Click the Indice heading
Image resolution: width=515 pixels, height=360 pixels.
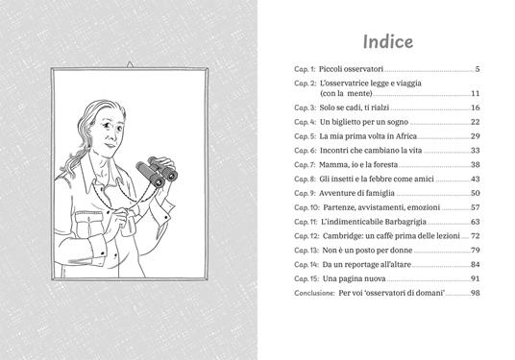[x=388, y=41]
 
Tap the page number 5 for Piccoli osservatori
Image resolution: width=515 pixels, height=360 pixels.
[x=478, y=69]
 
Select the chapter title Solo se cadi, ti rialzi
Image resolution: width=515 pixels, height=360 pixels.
[x=355, y=108]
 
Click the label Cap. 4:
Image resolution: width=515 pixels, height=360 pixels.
[x=306, y=122]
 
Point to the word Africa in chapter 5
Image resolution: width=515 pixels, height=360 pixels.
[x=406, y=136]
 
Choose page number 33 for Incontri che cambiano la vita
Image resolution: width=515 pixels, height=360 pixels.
[x=476, y=151]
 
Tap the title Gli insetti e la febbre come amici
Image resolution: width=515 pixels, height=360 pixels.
[x=377, y=179]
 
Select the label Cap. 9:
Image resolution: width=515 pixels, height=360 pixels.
[x=305, y=193]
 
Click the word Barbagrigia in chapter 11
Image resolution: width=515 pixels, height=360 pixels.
[x=405, y=222]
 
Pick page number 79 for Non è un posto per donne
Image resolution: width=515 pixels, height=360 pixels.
[x=476, y=250]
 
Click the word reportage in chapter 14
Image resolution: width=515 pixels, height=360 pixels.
[x=358, y=265]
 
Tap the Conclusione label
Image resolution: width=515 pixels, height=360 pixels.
[x=314, y=293]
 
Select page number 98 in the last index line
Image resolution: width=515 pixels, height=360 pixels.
[x=476, y=293]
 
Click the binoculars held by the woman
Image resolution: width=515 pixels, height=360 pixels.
[x=157, y=171]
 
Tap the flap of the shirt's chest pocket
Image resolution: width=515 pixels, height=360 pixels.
[x=89, y=218]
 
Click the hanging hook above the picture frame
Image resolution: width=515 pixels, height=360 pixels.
[x=130, y=64]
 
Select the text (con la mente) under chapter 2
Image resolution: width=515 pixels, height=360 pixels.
[x=346, y=93]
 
